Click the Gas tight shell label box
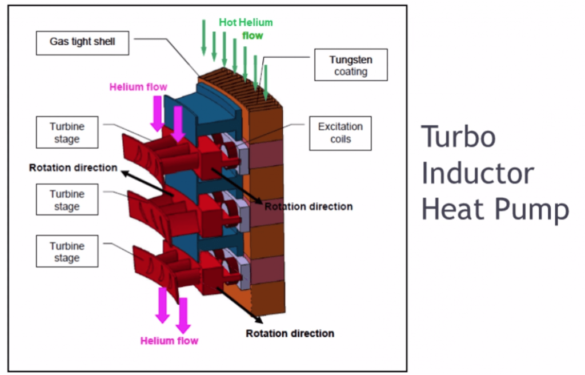tap(82, 43)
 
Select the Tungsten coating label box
tap(351, 65)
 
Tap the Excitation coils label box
tap(340, 133)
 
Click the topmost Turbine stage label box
tap(67, 133)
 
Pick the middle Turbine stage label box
tap(67, 200)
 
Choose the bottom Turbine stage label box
tap(67, 252)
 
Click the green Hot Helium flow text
tap(247, 29)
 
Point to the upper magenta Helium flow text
tap(138, 87)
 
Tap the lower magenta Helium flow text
tap(169, 341)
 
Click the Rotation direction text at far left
tap(73, 168)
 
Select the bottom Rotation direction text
tap(290, 333)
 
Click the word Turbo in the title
tap(458, 137)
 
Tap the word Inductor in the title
tap(478, 174)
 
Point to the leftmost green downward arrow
tap(203, 38)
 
